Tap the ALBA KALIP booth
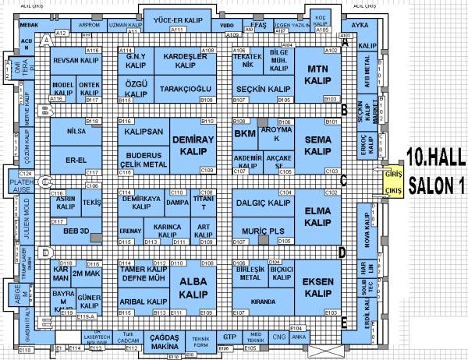(192, 288)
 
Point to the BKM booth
(244, 134)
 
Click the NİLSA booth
(76, 132)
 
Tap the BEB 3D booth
(76, 231)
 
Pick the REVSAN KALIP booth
(76, 61)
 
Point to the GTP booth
(229, 337)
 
